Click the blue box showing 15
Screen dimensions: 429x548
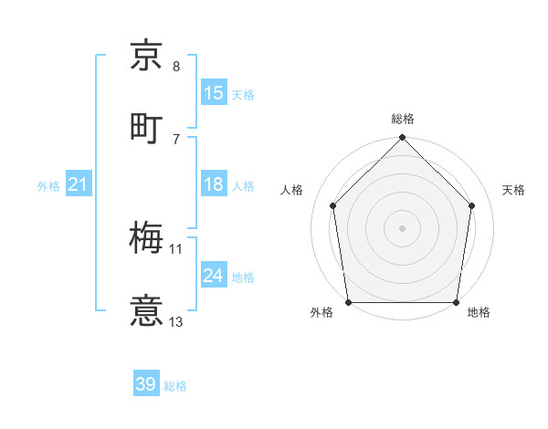(214, 93)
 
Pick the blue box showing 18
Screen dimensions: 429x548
(214, 184)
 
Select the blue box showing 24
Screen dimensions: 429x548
(214, 276)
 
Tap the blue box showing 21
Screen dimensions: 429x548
(79, 185)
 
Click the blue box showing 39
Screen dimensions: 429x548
(146, 384)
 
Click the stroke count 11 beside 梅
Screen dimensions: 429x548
(176, 248)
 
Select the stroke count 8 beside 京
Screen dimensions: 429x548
(176, 66)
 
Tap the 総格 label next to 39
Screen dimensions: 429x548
(175, 386)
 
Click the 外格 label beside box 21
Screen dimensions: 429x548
(48, 186)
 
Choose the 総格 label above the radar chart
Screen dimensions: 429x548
(403, 119)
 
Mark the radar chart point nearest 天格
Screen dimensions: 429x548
(472, 205)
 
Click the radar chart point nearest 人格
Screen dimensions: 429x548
(333, 205)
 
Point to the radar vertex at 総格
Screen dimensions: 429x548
(403, 139)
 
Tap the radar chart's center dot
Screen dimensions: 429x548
(403, 227)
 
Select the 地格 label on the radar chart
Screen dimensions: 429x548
(479, 312)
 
